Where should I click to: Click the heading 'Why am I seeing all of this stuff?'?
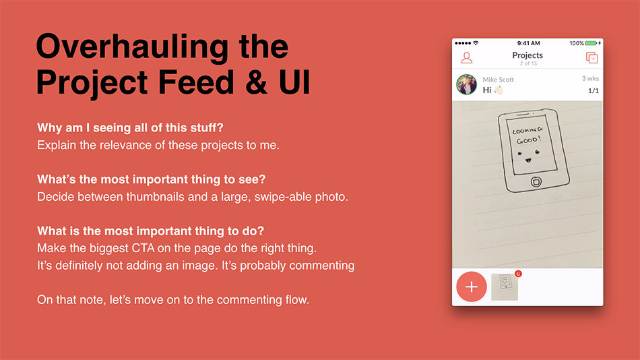click(130, 128)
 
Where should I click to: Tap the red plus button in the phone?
click(472, 287)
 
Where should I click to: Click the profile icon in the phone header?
click(467, 57)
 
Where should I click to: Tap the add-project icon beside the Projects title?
click(592, 57)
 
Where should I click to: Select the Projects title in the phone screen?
click(527, 55)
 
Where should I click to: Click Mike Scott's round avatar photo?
click(467, 84)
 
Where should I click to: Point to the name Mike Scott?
click(498, 80)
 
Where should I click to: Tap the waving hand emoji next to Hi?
click(499, 90)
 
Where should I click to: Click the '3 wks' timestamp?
click(590, 78)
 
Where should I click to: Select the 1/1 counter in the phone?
click(594, 91)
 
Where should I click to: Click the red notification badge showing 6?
click(518, 274)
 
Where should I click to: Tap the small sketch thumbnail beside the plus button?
click(505, 287)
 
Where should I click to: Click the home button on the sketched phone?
click(536, 182)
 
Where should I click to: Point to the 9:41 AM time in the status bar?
click(528, 43)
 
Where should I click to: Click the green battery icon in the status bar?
click(591, 43)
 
